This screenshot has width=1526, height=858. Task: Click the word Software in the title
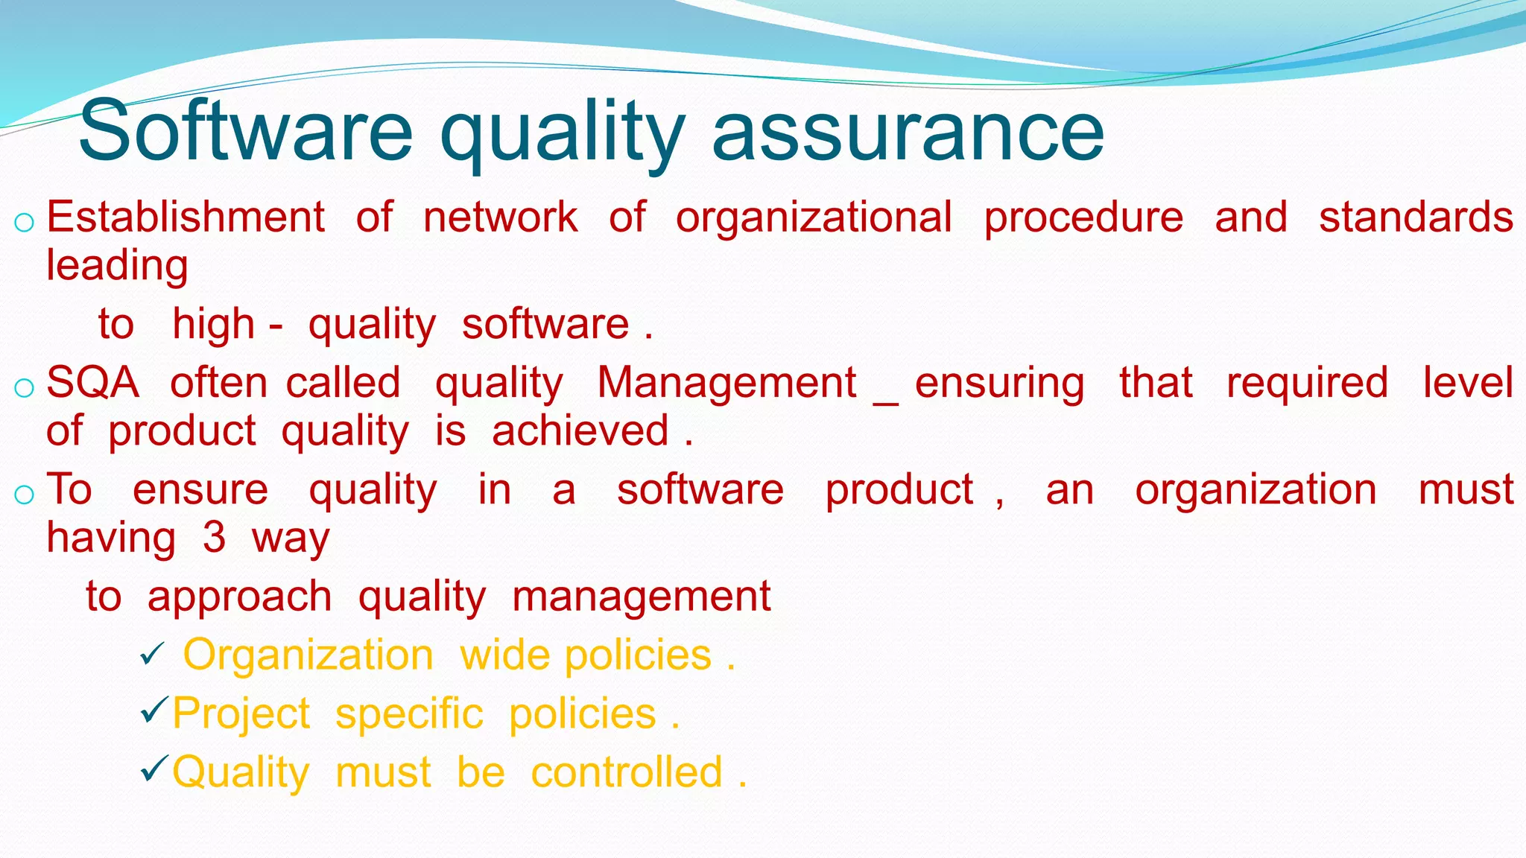(246, 133)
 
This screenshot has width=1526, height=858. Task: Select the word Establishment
(186, 217)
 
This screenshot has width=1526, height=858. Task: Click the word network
(500, 217)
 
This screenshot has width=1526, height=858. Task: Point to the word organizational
(814, 219)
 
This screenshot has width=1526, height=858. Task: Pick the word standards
(1416, 217)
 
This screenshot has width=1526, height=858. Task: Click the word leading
(117, 267)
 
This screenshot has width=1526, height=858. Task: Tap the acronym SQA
(92, 383)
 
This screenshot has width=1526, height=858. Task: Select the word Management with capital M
(726, 383)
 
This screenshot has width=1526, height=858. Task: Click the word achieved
(580, 431)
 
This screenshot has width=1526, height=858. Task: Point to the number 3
(214, 538)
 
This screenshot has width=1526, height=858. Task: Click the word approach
(239, 597)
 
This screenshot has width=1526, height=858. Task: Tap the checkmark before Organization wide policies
(152, 655)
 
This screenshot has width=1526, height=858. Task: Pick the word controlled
(627, 772)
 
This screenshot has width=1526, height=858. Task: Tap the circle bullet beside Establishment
(24, 222)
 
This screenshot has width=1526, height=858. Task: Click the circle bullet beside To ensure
(24, 495)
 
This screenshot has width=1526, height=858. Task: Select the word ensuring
(999, 384)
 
